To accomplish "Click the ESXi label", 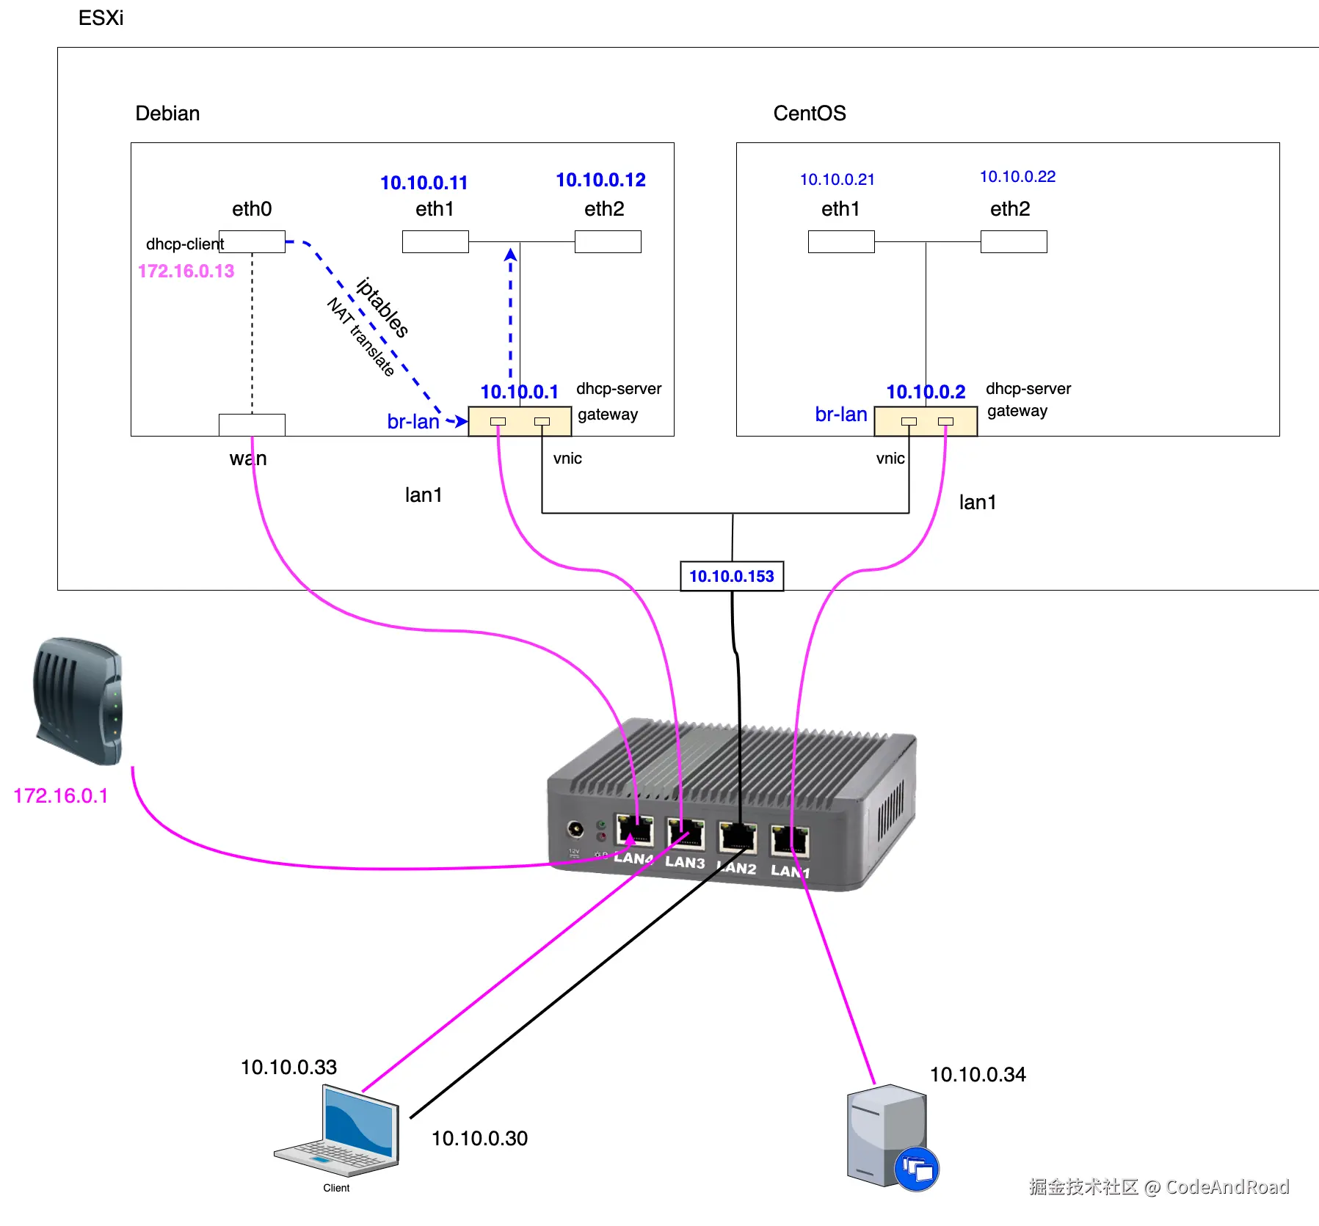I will tap(101, 18).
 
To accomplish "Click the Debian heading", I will tap(167, 113).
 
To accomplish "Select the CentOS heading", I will tap(809, 113).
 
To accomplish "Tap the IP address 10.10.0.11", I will tap(424, 183).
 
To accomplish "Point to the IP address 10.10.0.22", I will tap(1017, 177).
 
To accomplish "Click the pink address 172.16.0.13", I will tap(186, 271).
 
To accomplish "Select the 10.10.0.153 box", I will tap(731, 576).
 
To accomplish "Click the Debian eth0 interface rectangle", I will tap(252, 241).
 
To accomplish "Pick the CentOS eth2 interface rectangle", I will tap(1013, 241).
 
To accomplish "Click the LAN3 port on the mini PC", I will tap(686, 834).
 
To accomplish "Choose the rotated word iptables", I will tap(382, 307).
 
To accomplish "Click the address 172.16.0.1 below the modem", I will tap(61, 795).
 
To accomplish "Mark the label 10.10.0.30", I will tap(479, 1138).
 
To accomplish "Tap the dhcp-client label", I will tap(184, 244).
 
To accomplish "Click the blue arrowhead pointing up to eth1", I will tap(510, 255).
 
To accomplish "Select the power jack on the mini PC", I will tap(575, 829).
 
